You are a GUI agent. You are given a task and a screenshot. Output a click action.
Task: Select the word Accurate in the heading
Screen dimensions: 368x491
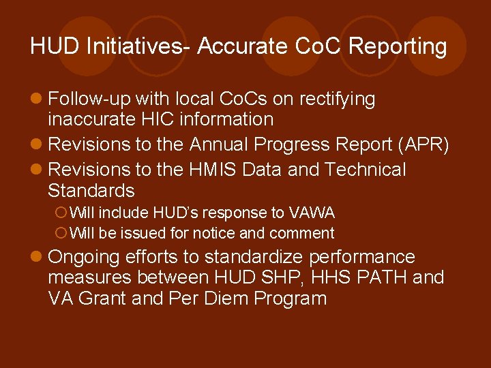[x=242, y=46]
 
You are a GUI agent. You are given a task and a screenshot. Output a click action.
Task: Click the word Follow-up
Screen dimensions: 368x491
[x=89, y=99]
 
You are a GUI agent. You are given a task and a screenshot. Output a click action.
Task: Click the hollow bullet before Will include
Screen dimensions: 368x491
[x=59, y=213]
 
